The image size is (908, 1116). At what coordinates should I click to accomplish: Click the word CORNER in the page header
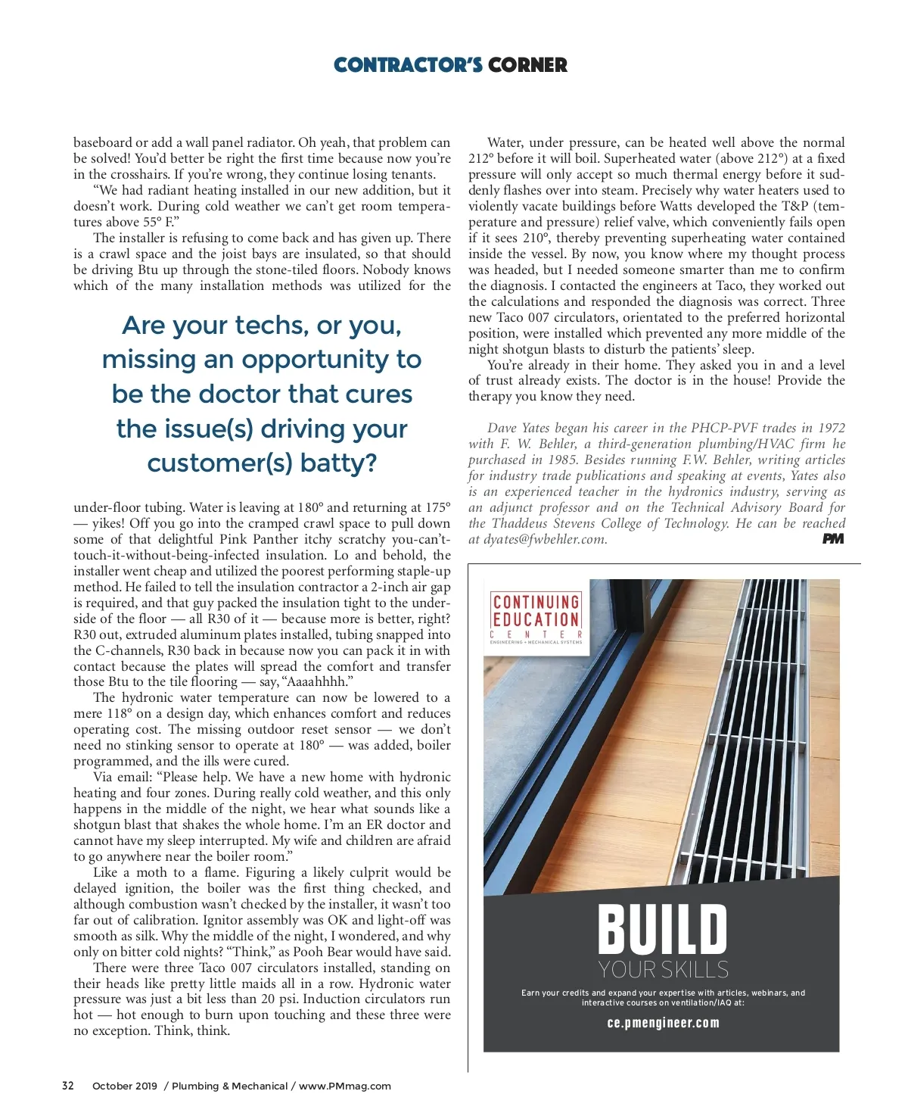(x=527, y=65)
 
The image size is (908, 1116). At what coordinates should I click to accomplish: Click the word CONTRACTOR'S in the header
(x=408, y=65)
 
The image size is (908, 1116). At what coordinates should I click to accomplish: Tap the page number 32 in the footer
(x=68, y=1086)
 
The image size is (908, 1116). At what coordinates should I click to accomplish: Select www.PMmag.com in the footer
(x=345, y=1086)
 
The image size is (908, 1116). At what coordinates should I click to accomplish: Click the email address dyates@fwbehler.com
(x=543, y=539)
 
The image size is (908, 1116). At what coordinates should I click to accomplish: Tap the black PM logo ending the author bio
(x=833, y=539)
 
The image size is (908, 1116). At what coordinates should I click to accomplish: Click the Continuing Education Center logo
(x=536, y=617)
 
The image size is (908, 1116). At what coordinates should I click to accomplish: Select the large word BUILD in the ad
(x=662, y=929)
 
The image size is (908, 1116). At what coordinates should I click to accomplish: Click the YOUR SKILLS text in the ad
(x=663, y=969)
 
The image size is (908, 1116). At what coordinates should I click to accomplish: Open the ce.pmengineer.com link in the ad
(x=663, y=1023)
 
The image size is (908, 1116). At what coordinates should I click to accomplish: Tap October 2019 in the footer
(x=125, y=1086)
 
